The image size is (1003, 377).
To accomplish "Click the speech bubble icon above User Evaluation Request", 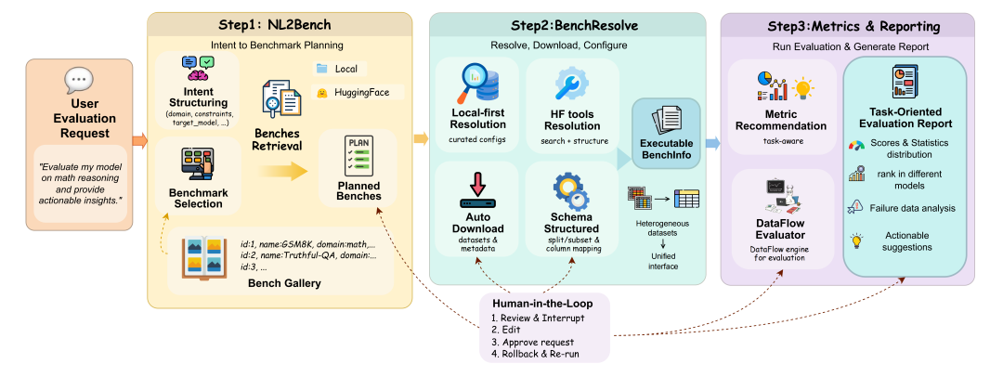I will (x=78, y=83).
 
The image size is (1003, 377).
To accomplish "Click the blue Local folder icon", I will (x=321, y=68).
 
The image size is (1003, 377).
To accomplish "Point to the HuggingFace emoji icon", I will (x=321, y=93).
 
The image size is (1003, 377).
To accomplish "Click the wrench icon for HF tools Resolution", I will (x=571, y=85).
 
